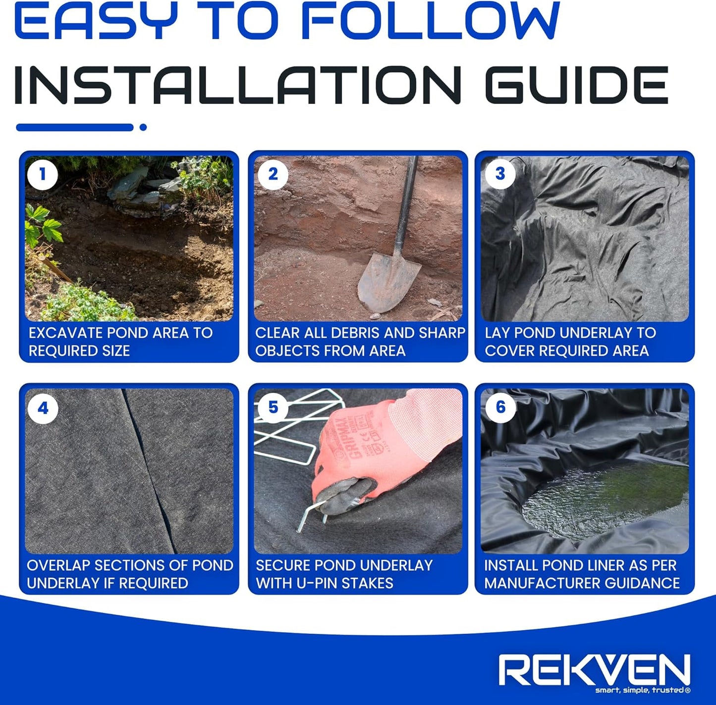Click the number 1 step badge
43,174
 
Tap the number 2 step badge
273,174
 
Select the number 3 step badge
500,174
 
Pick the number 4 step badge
43,408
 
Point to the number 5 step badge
273,407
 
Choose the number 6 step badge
500,407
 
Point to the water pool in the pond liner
605,500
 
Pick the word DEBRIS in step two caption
349,333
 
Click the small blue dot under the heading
143,127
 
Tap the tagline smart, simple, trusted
642,690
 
